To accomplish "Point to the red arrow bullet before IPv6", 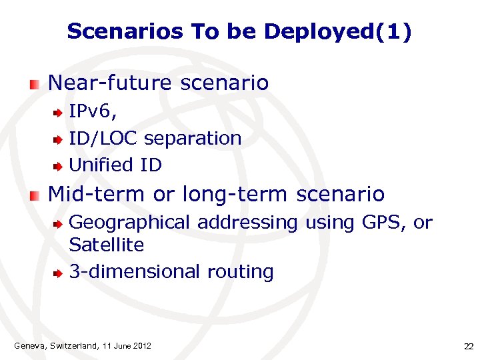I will [x=59, y=113].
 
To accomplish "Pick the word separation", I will [x=192, y=139].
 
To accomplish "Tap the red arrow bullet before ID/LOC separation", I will [x=59, y=139].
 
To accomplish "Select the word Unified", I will [x=102, y=165].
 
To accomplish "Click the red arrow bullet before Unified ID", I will [x=59, y=166].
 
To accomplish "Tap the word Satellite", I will [x=107, y=245].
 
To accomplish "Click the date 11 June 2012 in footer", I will [x=127, y=346].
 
